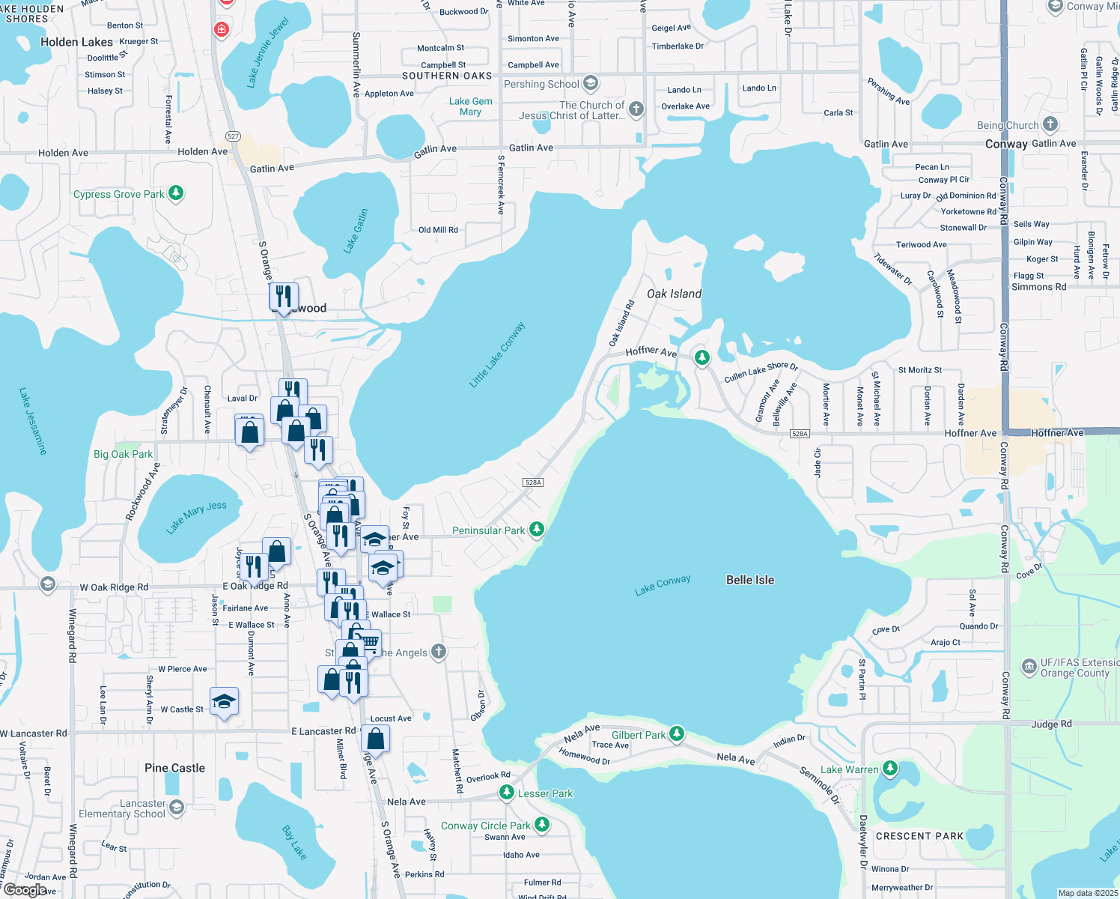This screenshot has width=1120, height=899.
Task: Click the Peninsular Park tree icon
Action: point(536,530)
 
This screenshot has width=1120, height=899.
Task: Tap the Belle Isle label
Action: point(750,580)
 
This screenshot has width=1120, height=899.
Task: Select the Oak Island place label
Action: point(674,294)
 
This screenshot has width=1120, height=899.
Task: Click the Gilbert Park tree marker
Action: point(677,734)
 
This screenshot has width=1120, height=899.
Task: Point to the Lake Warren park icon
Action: point(889,769)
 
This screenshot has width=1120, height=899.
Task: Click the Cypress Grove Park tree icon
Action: point(176,193)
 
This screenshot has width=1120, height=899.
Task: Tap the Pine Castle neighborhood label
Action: point(174,768)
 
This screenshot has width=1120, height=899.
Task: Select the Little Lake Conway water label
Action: point(497,355)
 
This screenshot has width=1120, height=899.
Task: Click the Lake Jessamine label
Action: point(33,421)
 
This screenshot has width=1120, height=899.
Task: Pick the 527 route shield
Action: point(233,136)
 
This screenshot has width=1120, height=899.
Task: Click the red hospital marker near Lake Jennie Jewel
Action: point(221,30)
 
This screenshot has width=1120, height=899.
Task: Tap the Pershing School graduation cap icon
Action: point(591,82)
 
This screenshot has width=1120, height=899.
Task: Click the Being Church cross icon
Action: point(1050,124)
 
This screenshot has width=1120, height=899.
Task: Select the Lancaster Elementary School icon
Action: point(177,807)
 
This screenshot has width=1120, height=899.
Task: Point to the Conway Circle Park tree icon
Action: point(542,825)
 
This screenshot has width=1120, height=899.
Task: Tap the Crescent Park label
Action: point(919,836)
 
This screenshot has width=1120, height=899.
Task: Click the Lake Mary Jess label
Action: point(196,517)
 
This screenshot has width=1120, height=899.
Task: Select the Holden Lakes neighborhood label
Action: point(76,42)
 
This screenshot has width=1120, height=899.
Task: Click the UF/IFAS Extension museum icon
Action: point(1029,666)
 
